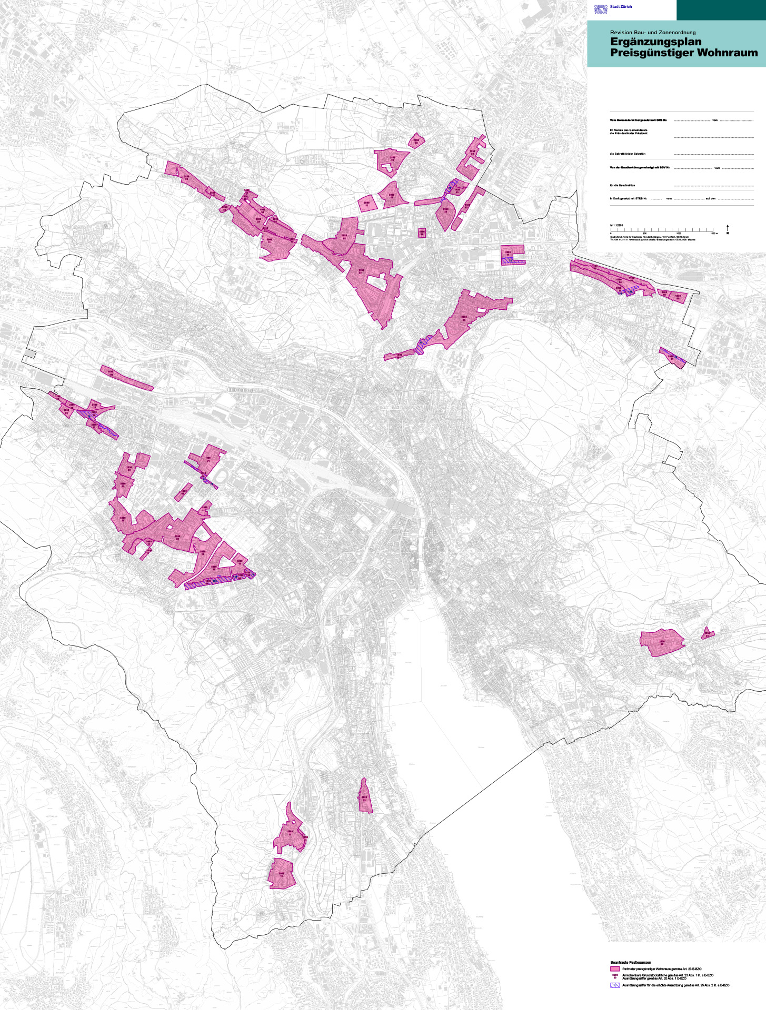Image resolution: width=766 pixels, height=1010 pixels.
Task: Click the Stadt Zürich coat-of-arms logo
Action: (601, 8)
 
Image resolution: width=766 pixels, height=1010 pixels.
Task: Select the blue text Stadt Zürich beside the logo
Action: (621, 7)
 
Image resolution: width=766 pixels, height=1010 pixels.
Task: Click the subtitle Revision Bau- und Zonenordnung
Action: (653, 33)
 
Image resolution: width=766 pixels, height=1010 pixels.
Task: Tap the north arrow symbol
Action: (728, 229)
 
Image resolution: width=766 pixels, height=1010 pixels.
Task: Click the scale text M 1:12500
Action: (616, 225)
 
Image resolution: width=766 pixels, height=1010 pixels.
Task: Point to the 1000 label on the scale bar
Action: (679, 233)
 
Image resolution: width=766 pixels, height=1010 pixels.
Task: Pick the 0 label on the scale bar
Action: (611, 233)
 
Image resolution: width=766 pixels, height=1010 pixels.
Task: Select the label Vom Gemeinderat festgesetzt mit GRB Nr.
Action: (639, 120)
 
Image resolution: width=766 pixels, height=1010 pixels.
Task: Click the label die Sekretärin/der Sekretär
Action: (628, 154)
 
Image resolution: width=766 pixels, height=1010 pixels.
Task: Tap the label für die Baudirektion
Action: (622, 185)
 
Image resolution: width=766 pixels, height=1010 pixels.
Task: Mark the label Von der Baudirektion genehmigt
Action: (640, 168)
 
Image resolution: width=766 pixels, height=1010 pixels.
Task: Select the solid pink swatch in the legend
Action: (614, 968)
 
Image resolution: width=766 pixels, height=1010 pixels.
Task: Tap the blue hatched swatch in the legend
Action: (614, 985)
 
